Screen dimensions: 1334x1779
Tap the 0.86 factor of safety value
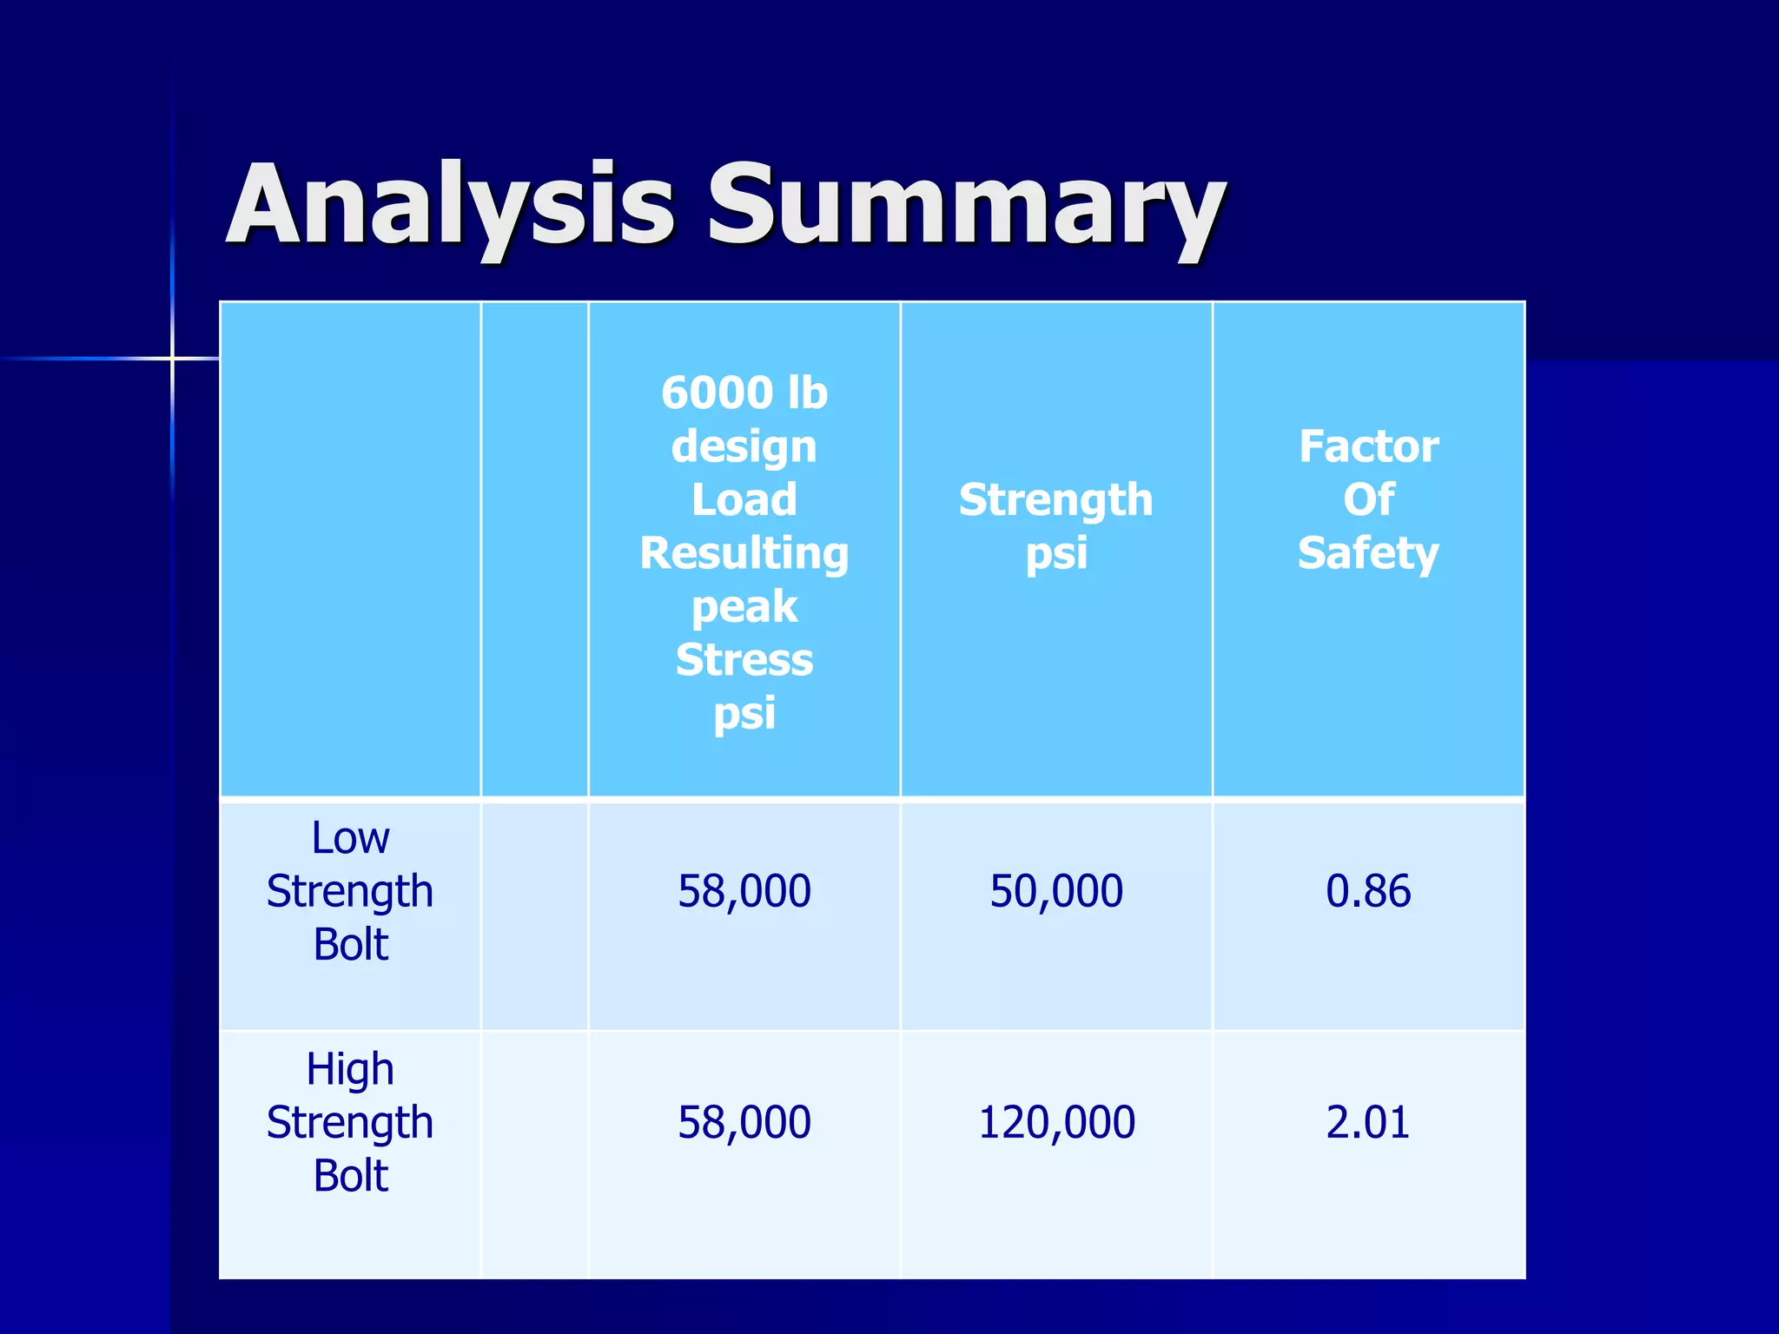click(1367, 891)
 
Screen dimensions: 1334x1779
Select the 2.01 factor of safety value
click(1367, 1122)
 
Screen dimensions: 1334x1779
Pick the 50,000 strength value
click(1056, 891)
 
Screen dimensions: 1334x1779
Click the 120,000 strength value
click(1056, 1122)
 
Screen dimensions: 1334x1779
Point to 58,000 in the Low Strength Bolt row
click(744, 891)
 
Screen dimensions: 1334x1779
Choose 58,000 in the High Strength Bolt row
click(744, 1122)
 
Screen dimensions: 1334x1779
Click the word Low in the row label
click(350, 838)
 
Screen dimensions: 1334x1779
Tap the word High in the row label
click(350, 1069)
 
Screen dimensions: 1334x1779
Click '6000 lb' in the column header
click(744, 393)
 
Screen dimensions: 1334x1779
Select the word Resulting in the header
click(744, 553)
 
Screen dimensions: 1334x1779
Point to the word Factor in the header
click(1368, 446)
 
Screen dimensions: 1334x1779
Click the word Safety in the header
click(1368, 553)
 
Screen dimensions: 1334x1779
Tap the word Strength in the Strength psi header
click(1055, 499)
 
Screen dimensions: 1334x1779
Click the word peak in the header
click(744, 607)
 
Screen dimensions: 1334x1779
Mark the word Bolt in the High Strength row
click(350, 1175)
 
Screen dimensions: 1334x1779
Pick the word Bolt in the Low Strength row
click(350, 944)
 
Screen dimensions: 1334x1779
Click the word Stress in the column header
click(744, 660)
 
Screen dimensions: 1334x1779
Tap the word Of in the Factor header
click(1368, 499)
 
